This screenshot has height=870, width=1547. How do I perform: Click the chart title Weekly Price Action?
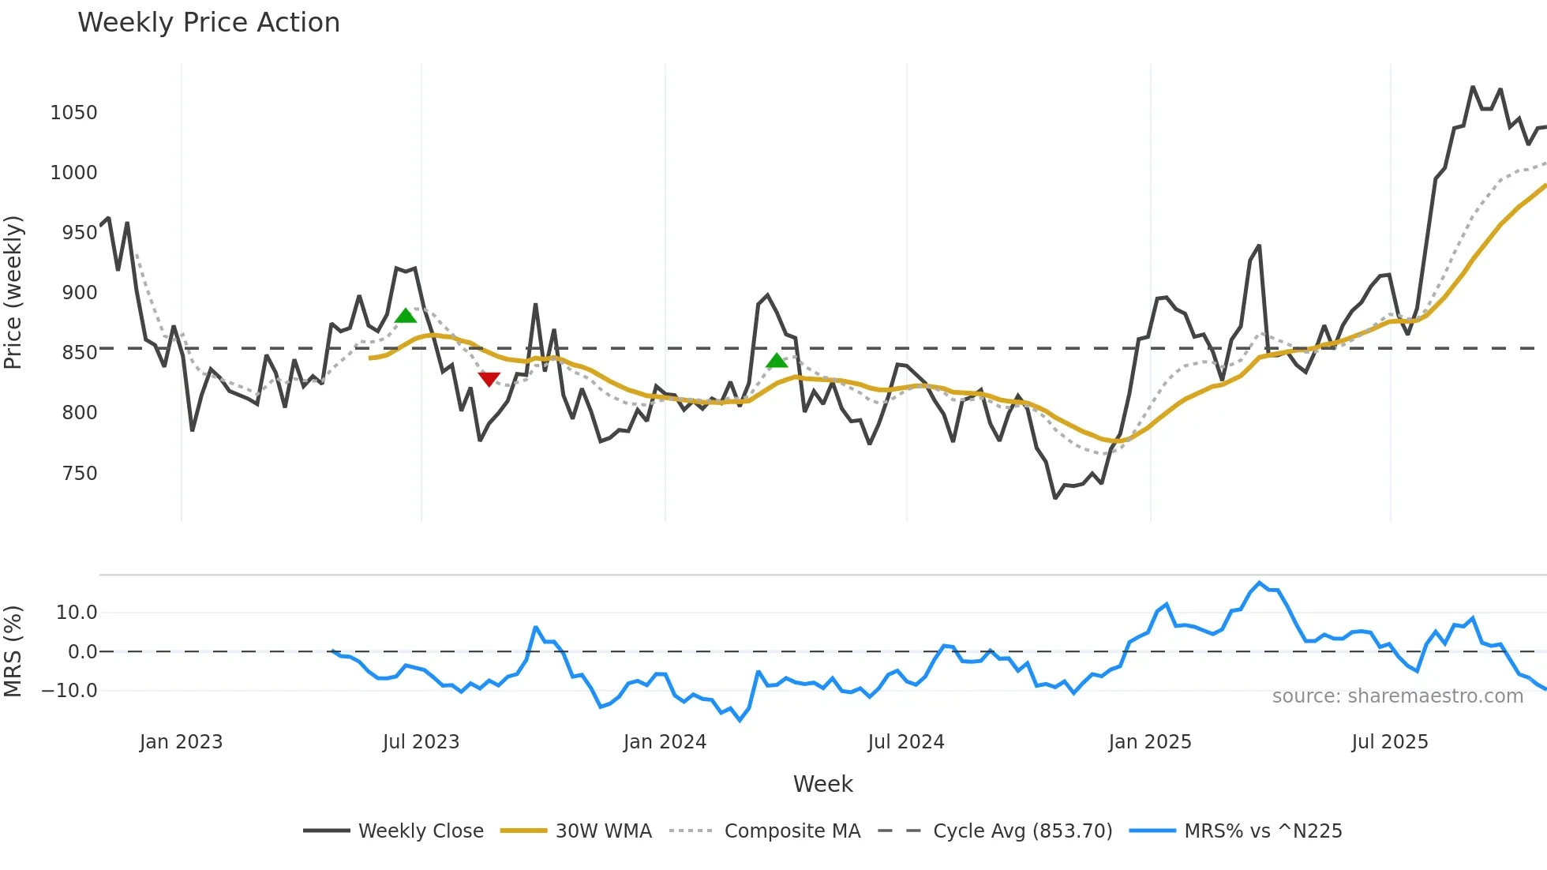208,23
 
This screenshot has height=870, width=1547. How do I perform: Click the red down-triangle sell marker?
489,379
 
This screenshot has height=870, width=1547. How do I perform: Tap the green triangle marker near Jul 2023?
406,316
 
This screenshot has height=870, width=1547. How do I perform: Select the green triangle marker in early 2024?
777,361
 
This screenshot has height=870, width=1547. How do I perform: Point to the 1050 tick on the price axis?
73,113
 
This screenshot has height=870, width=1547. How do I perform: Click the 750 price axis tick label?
79,474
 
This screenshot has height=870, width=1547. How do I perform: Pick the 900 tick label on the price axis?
79,293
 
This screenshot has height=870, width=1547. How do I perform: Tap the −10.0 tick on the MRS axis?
69,691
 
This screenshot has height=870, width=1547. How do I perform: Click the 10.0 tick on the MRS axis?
77,613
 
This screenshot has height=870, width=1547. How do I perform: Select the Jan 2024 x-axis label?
665,742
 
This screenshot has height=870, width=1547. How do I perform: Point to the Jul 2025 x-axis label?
1389,742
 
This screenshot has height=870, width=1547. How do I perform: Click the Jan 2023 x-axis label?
181,742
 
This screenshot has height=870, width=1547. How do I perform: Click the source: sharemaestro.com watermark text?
1397,696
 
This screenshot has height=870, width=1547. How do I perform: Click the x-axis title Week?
822,784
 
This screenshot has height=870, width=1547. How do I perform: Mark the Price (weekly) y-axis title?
13,292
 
